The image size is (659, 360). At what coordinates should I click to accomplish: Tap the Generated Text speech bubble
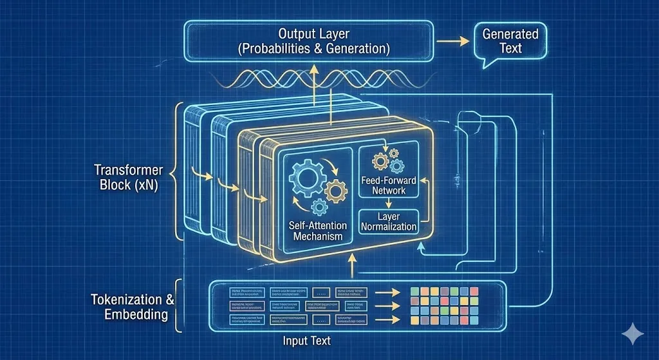click(x=510, y=41)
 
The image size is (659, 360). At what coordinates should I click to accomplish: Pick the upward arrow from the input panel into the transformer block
click(x=351, y=265)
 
